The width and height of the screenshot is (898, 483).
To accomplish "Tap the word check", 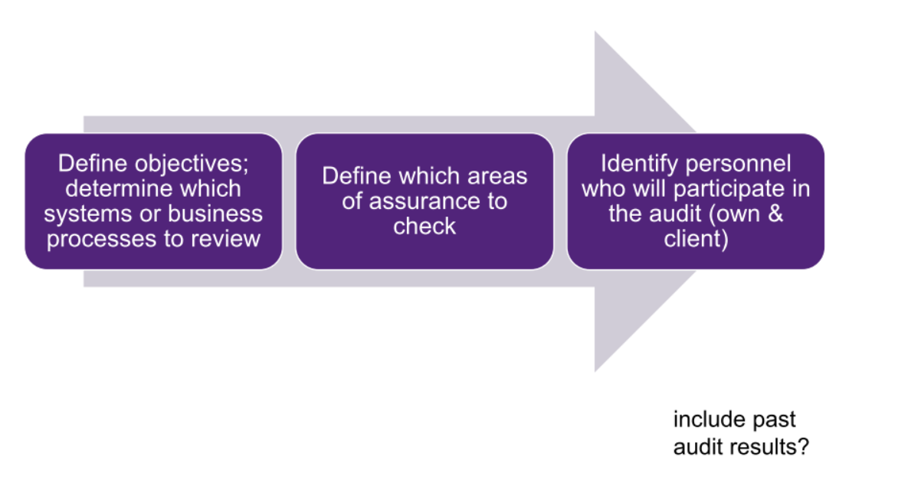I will coord(424,227).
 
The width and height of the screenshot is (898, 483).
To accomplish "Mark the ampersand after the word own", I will coord(775,214).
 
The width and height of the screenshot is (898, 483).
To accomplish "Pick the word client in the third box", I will coord(694,239).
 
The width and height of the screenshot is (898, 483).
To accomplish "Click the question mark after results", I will coord(802,445).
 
